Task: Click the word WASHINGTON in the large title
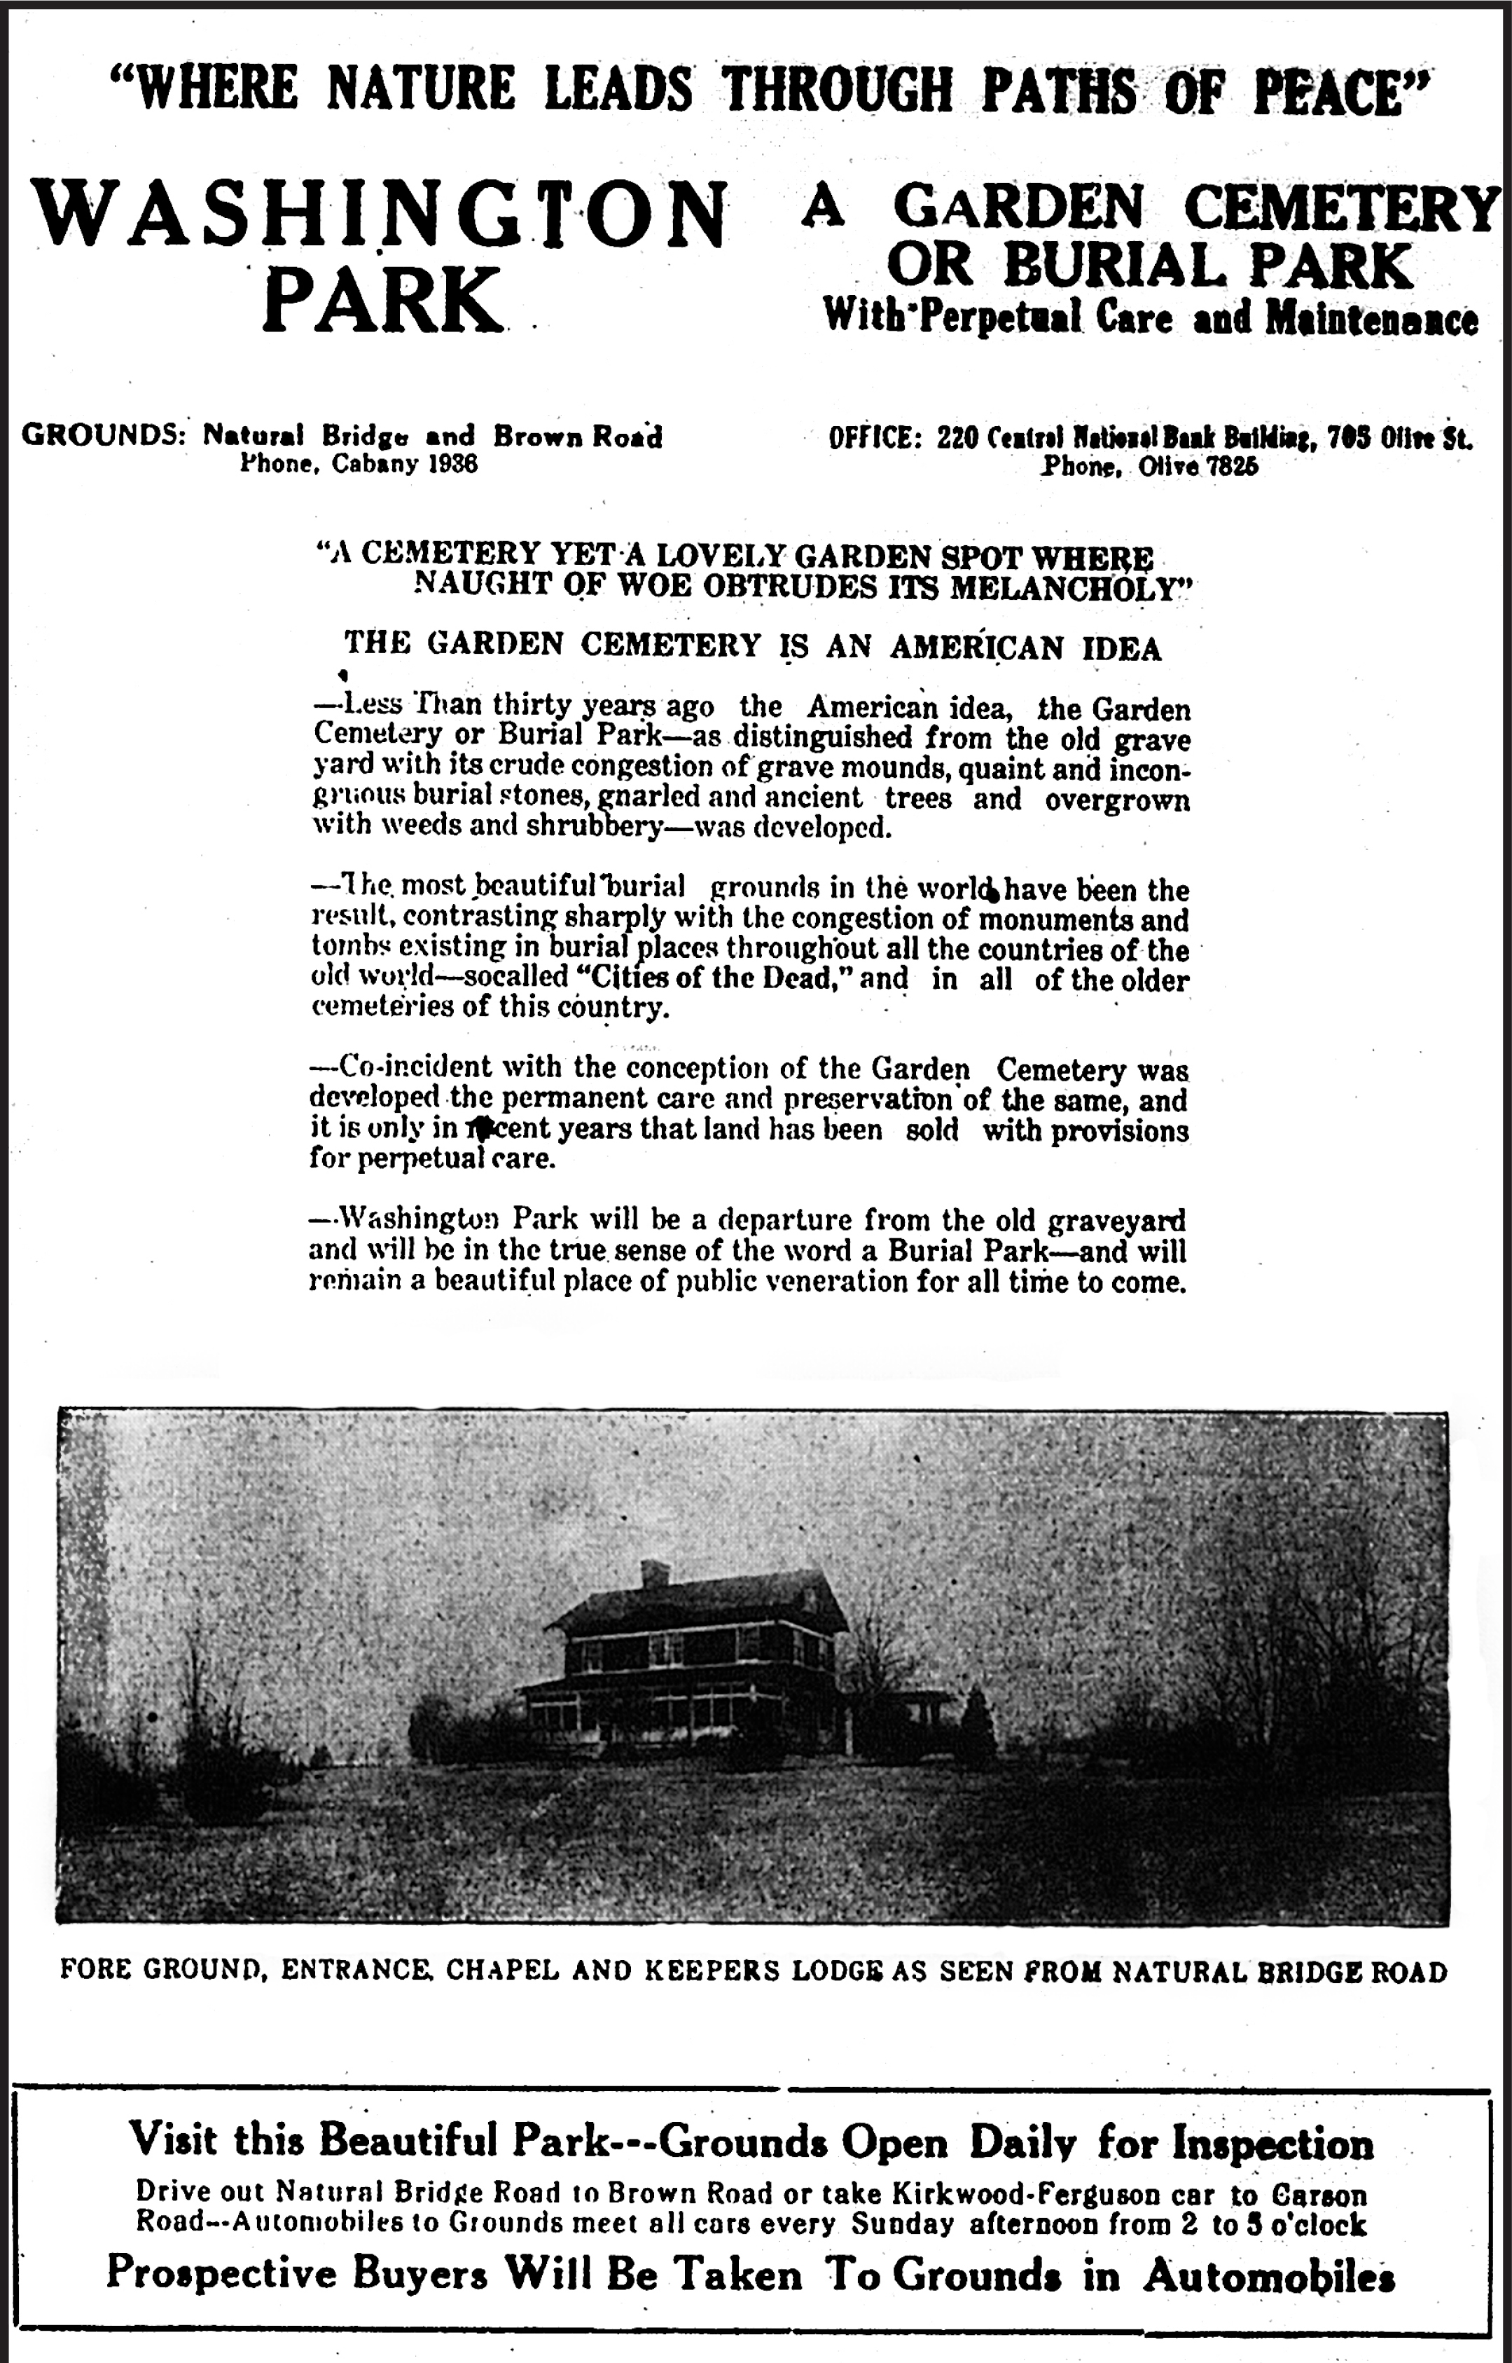pyautogui.click(x=381, y=214)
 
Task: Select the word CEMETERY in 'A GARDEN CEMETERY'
pyautogui.click(x=1341, y=208)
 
